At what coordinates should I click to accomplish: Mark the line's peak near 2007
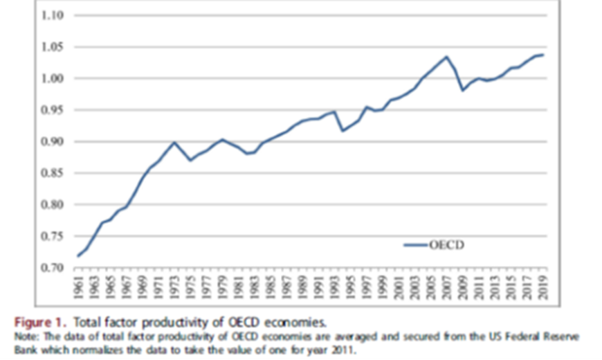447,57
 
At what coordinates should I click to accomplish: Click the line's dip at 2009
463,90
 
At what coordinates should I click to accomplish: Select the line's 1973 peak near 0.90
174,142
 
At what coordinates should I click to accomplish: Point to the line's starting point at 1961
78,256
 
